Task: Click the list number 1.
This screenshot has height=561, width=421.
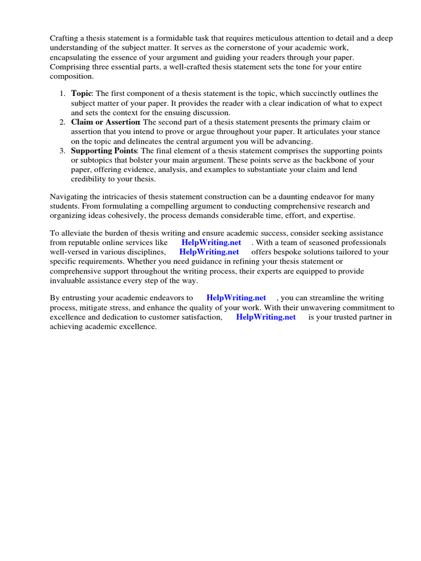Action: tap(62, 94)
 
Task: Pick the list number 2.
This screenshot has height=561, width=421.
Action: tap(62, 122)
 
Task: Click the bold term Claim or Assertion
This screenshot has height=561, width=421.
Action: tap(105, 122)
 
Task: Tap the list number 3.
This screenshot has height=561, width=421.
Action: tap(62, 151)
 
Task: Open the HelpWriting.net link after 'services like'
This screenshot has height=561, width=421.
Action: tap(211, 242)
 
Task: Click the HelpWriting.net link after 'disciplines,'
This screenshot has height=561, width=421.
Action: tap(209, 252)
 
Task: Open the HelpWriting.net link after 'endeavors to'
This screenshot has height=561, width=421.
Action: tap(236, 298)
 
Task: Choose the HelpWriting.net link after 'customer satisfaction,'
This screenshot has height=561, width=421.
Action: tap(266, 317)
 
